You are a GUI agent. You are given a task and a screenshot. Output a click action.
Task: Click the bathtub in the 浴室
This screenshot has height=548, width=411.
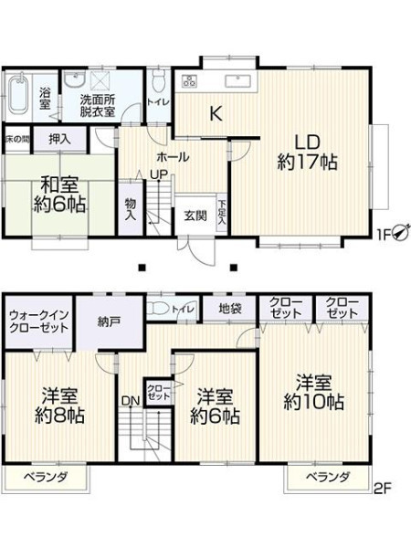(x=18, y=94)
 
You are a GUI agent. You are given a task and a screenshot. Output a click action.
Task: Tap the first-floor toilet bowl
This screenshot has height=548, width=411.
(x=159, y=79)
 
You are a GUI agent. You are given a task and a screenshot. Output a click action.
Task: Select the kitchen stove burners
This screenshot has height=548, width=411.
(x=189, y=81)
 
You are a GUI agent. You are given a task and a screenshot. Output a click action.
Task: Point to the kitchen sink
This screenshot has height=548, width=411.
(x=238, y=81)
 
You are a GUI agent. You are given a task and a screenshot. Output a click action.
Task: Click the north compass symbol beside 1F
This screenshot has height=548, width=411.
(x=400, y=232)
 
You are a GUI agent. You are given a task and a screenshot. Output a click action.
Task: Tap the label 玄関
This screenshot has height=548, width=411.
(x=195, y=216)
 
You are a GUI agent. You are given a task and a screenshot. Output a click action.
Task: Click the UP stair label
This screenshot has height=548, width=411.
(x=159, y=174)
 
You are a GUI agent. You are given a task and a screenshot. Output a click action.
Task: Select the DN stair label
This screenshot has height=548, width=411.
(x=131, y=401)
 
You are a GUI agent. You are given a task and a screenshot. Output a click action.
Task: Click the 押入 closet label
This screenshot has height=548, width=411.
(x=59, y=140)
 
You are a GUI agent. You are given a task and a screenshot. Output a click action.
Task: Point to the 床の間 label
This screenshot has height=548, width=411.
(x=17, y=139)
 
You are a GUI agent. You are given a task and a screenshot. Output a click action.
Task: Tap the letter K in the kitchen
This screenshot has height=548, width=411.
(x=216, y=113)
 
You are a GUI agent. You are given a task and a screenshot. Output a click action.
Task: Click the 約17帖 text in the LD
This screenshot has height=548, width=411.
(x=307, y=163)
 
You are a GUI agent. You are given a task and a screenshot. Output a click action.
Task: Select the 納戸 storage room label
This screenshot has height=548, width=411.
(x=110, y=322)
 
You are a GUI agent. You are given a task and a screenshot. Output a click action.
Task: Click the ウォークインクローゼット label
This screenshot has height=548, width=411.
(x=38, y=321)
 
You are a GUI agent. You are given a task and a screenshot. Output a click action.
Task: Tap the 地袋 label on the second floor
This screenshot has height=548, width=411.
(x=230, y=309)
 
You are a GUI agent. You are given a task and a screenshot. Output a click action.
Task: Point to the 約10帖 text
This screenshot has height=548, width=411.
(x=313, y=402)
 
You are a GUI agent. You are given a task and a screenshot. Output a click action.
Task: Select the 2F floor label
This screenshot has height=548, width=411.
(x=383, y=487)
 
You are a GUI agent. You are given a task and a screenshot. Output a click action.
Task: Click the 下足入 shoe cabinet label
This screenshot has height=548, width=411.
(x=222, y=213)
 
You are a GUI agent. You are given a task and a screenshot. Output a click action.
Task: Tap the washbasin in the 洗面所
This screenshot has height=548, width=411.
(x=75, y=80)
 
